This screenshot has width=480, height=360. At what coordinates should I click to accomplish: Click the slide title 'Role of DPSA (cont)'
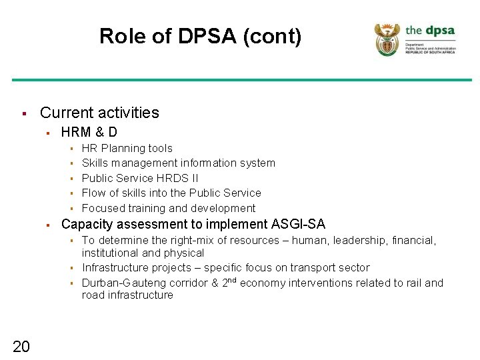coord(200,36)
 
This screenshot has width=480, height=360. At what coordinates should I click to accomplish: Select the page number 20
coord(21,345)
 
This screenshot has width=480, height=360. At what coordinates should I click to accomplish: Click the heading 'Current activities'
coord(99,113)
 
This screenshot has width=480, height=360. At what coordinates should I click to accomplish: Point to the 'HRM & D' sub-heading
coord(89,132)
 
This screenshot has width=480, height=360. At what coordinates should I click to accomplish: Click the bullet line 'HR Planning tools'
coord(127,149)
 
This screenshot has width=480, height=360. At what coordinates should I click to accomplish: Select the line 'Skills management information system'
coord(178,163)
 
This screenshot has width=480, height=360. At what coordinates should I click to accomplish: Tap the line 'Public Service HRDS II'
coord(139,178)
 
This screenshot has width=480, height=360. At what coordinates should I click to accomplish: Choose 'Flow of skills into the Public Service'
coord(171,193)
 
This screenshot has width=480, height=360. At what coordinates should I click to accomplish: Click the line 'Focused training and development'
coord(168,208)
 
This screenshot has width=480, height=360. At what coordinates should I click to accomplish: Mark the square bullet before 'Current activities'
coord(23,113)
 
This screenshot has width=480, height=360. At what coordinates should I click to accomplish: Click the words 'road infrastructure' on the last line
coord(127,295)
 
